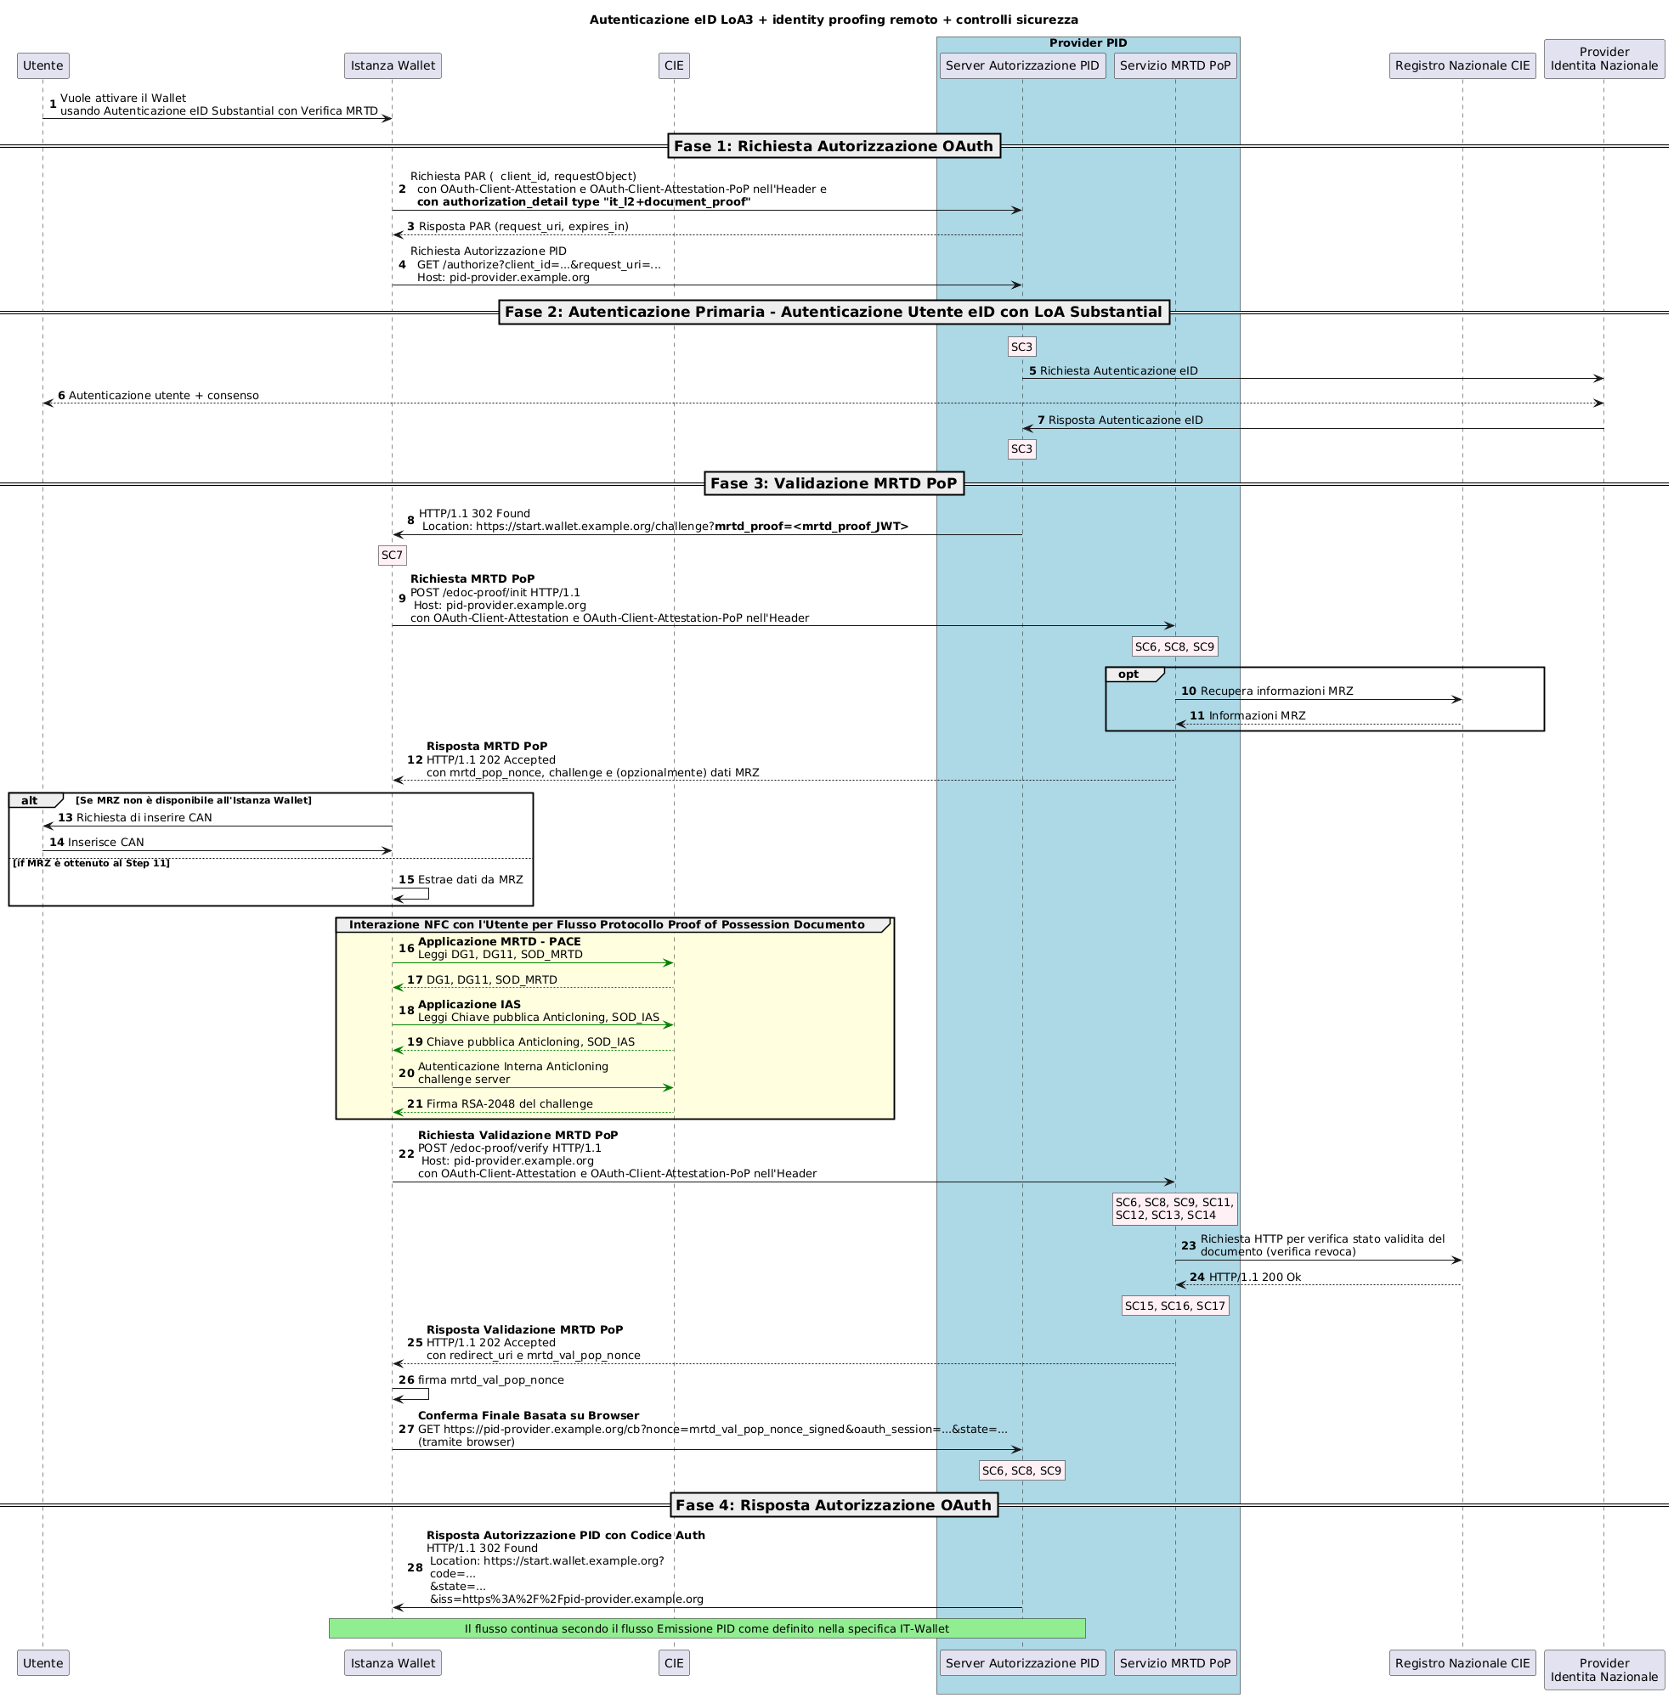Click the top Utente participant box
[x=42, y=65]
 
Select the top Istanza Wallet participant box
[x=392, y=65]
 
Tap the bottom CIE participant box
[x=674, y=1662]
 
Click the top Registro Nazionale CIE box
[x=1462, y=65]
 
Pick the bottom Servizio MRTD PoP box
[x=1174, y=1662]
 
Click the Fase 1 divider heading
[x=834, y=146]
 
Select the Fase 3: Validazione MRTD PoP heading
[x=834, y=483]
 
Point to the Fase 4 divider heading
[x=834, y=1504]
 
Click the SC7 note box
[x=391, y=556]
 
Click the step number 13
[x=65, y=817]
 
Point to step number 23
[x=1189, y=1245]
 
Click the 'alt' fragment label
[x=30, y=800]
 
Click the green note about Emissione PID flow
[x=706, y=1628]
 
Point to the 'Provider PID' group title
[x=1088, y=43]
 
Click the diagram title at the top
[x=834, y=20]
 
